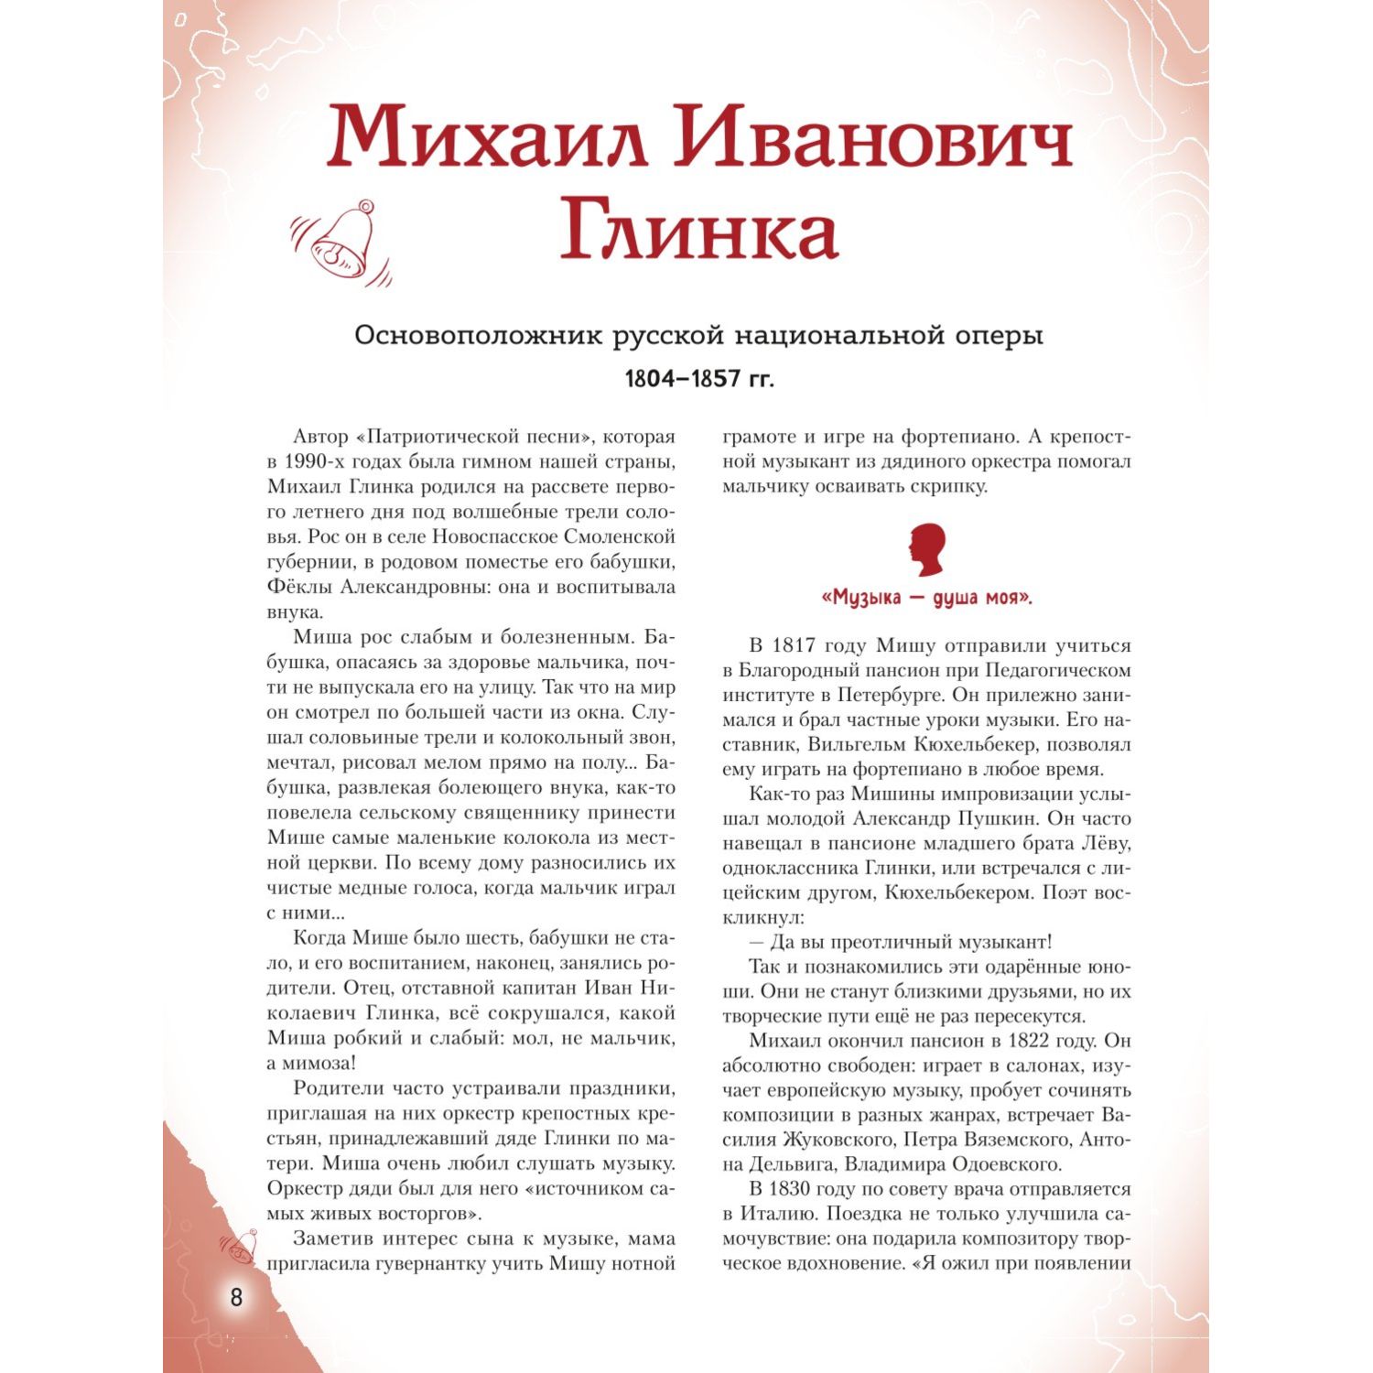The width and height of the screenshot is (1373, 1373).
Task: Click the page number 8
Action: (x=236, y=1297)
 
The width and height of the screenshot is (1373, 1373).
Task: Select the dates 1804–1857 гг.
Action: (x=698, y=378)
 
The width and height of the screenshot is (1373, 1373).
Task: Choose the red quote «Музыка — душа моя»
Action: (x=927, y=599)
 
